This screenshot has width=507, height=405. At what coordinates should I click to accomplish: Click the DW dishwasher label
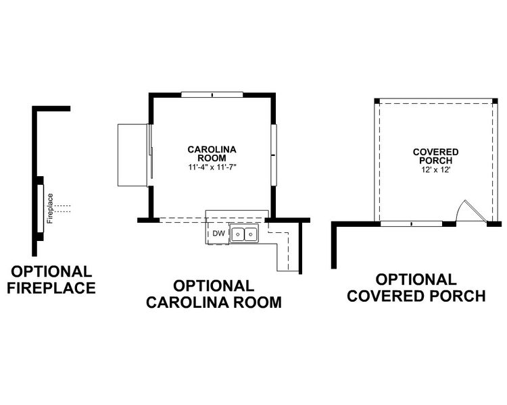tap(218, 234)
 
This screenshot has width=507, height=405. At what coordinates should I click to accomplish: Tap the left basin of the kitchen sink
tap(237, 234)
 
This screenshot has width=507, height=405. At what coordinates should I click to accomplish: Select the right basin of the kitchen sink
tap(250, 234)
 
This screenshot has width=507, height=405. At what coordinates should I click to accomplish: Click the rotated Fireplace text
tap(50, 209)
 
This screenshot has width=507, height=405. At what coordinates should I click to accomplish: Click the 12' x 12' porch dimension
tap(435, 169)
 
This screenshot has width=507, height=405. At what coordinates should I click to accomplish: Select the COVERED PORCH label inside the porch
tap(435, 156)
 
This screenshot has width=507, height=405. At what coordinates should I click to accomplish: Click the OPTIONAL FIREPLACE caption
tap(52, 279)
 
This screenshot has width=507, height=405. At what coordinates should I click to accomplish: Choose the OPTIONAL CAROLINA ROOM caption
tap(214, 294)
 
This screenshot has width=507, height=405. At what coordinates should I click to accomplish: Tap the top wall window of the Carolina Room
tap(212, 94)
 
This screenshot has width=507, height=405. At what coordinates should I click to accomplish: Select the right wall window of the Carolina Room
tap(273, 155)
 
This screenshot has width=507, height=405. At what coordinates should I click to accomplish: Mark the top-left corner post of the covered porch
tap(377, 101)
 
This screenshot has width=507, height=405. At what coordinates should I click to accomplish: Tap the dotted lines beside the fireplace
tap(63, 208)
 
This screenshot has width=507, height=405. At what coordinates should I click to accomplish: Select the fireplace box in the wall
tap(41, 209)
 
